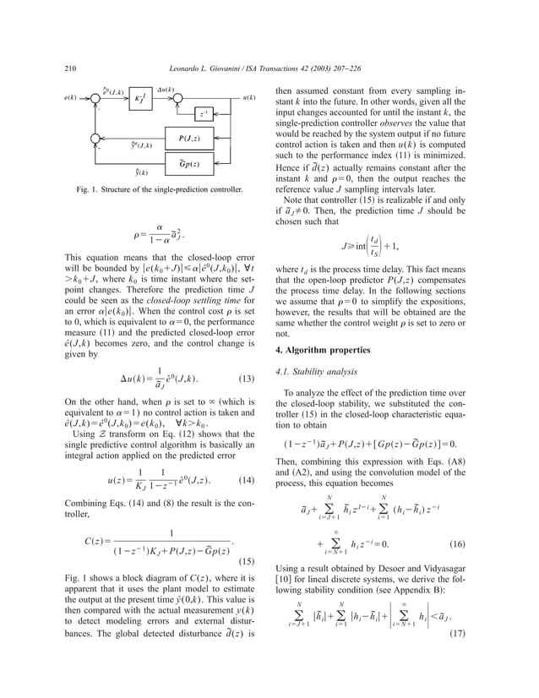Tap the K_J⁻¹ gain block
tap(140, 98)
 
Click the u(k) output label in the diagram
tap(249, 98)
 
